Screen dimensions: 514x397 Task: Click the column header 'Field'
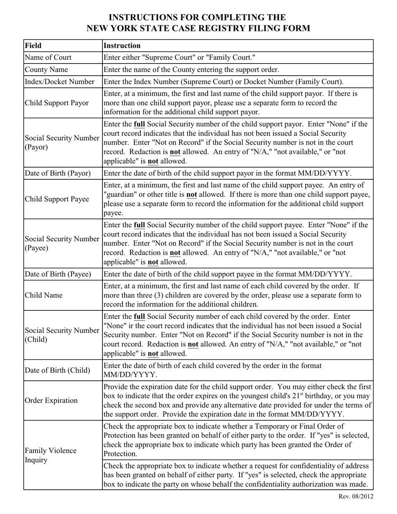(x=33, y=46)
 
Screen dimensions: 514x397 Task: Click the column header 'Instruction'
(x=122, y=46)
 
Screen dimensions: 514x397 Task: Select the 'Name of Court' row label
(x=48, y=58)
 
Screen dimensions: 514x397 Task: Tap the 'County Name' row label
(x=46, y=70)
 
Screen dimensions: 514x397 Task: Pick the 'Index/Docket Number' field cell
(x=60, y=82)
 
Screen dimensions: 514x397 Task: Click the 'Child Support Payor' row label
(x=57, y=103)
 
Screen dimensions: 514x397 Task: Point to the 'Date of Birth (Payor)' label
(x=58, y=173)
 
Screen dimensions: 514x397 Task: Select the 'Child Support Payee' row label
(x=57, y=199)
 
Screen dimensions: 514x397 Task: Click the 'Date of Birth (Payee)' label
(x=58, y=274)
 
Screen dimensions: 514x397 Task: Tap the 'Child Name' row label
(x=44, y=295)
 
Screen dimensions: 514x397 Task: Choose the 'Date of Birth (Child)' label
(x=58, y=370)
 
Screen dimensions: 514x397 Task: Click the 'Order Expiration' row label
(x=51, y=400)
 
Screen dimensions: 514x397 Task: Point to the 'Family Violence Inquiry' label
(x=51, y=455)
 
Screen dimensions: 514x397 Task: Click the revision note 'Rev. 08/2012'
(x=356, y=496)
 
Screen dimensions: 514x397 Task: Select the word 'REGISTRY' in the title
(x=224, y=28)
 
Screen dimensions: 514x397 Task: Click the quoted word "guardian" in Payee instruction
(x=120, y=195)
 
